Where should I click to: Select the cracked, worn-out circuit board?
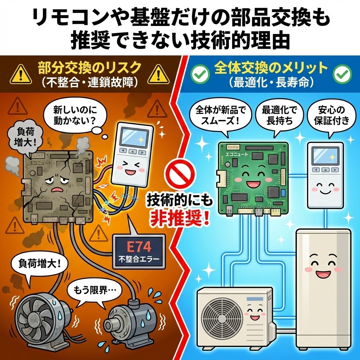click(58, 186)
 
